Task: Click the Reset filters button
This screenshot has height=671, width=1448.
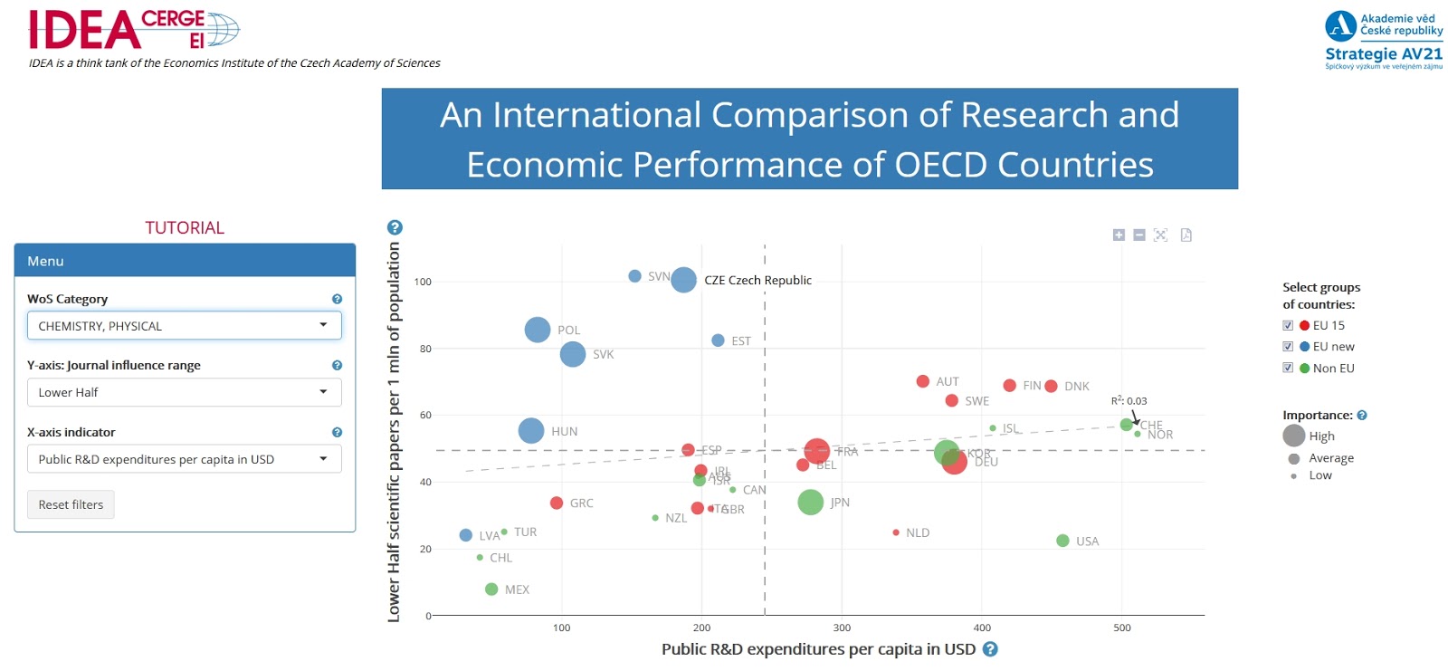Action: click(71, 504)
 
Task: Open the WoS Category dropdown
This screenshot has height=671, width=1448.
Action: click(184, 326)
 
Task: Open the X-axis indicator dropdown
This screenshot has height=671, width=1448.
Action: click(184, 459)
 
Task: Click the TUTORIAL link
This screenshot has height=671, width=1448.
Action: click(185, 228)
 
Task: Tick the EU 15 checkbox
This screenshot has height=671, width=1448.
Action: click(1288, 326)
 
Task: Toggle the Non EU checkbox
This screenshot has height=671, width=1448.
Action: click(1288, 369)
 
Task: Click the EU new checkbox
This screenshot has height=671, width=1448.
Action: click(1288, 347)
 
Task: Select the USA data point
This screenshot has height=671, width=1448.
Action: click(1062, 541)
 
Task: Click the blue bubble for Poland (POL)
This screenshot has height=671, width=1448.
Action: click(538, 330)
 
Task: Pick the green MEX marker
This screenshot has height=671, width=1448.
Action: click(491, 590)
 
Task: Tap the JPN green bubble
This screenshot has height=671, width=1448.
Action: click(811, 502)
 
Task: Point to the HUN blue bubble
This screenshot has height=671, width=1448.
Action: click(531, 431)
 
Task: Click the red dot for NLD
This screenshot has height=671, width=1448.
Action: click(896, 532)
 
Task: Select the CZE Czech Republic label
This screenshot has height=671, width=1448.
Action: click(757, 281)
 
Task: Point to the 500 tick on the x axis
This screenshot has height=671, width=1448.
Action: click(1122, 628)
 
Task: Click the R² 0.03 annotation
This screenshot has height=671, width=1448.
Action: click(1129, 401)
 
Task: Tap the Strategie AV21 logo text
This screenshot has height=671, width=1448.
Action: click(1384, 54)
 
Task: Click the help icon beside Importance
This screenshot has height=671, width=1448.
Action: click(1362, 416)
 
